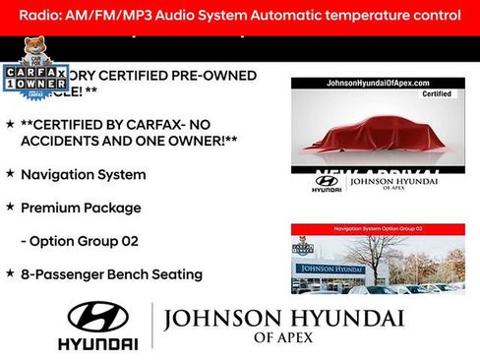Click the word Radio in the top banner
pos(45,16)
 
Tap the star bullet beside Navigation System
pos(10,174)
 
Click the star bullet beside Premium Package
pos(10,208)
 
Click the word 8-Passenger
pos(66,274)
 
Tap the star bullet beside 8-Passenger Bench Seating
pos(10,273)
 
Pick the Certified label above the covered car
pos(437,95)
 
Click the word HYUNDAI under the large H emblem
pos(97,344)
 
